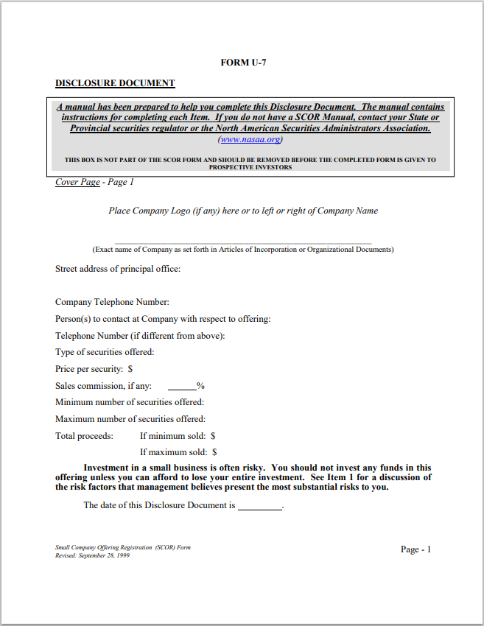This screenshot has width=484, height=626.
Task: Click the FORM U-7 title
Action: (x=243, y=63)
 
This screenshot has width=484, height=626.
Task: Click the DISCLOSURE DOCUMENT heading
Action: (x=115, y=83)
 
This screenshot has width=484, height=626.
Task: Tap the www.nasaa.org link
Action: (x=250, y=139)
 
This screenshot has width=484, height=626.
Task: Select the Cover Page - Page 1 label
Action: (x=94, y=182)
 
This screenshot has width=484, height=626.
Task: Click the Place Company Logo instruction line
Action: (x=243, y=211)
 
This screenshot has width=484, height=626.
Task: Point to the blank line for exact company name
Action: (x=243, y=242)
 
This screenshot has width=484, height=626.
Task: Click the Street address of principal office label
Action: (x=118, y=269)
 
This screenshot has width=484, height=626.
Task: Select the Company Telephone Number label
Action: (x=112, y=302)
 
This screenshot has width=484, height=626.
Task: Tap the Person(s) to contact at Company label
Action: (x=163, y=319)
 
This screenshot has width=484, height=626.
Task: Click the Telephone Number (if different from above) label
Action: (x=140, y=336)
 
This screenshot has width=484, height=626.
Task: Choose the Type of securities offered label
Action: (x=105, y=352)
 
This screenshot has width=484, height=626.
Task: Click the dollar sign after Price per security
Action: (x=130, y=369)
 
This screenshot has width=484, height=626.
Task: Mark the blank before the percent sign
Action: (x=182, y=386)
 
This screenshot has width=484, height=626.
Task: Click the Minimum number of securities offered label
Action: (x=130, y=402)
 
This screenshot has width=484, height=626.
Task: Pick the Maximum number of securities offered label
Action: (x=130, y=419)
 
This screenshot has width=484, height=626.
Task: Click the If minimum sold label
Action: (x=172, y=436)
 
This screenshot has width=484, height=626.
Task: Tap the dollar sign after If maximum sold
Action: (x=214, y=452)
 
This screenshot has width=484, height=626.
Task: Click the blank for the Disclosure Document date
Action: (x=259, y=507)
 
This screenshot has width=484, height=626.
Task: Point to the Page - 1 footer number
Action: (x=415, y=549)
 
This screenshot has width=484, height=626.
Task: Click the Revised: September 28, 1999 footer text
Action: (x=92, y=555)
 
